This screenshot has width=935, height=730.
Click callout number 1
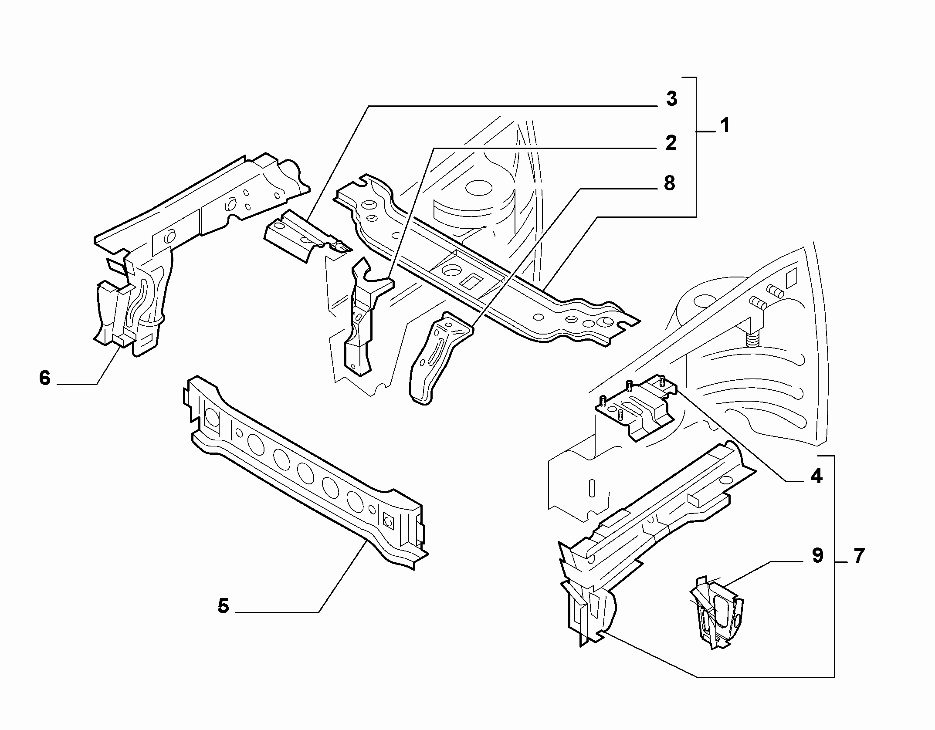click(x=724, y=126)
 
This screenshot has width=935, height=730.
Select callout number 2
click(x=671, y=143)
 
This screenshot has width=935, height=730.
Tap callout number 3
click(x=672, y=99)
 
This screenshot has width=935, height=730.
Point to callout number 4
click(x=816, y=476)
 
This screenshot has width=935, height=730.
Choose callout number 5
click(x=223, y=606)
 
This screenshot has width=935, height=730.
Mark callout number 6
click(x=45, y=378)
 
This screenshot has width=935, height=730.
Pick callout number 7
click(x=858, y=556)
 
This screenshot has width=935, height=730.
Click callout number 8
click(x=670, y=183)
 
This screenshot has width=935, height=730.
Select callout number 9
click(x=817, y=555)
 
